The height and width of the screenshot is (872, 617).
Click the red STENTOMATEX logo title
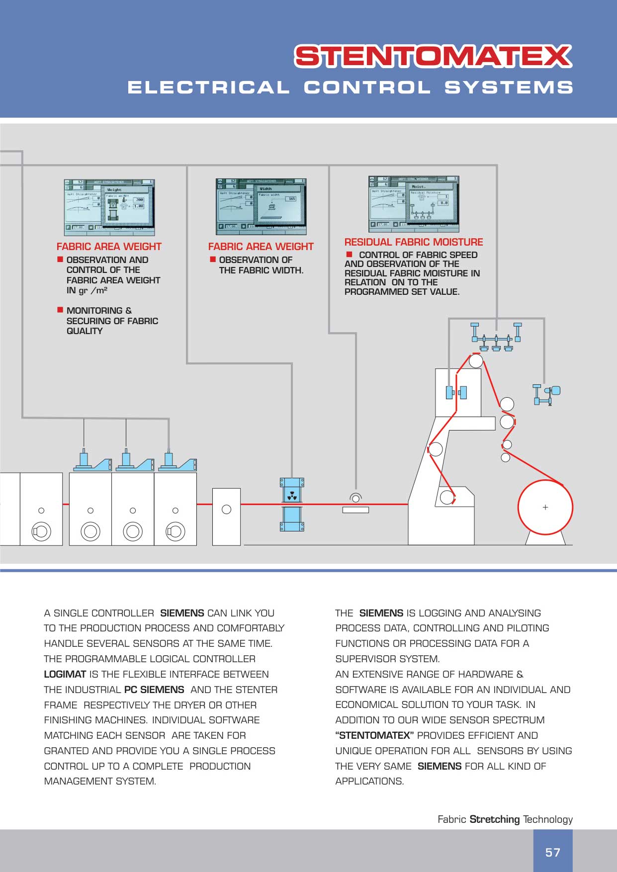[x=433, y=56]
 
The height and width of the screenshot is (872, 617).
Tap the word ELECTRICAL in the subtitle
[x=208, y=87]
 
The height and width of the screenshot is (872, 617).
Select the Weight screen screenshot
[x=109, y=207]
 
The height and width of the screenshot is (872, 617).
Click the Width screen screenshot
[x=261, y=206]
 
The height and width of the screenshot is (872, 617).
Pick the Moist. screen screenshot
[x=414, y=204]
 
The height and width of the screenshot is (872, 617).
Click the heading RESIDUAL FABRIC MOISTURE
[x=414, y=242]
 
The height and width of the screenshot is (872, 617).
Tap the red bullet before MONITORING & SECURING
[x=60, y=310]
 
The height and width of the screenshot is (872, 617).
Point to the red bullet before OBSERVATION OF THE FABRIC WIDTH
[x=213, y=260]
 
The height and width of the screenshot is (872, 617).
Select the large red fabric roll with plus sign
[x=545, y=507]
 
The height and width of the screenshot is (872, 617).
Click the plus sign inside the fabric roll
[x=545, y=507]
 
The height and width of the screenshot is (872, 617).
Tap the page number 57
[x=553, y=853]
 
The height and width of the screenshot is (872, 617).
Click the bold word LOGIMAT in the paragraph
[x=65, y=674]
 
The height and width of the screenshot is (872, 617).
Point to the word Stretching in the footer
[x=494, y=819]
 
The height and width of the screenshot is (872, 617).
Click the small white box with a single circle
[x=226, y=517]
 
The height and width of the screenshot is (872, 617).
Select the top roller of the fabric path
[x=475, y=360]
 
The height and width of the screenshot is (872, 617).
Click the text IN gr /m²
[x=87, y=290]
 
